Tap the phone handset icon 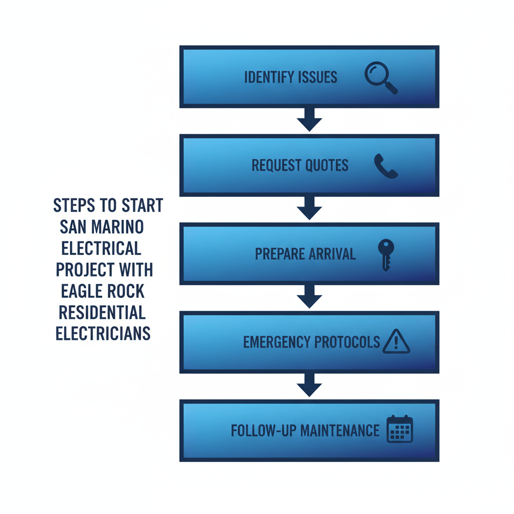[x=385, y=166]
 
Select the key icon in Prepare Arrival [x=385, y=254]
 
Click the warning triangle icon [x=396, y=342]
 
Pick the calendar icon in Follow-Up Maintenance [x=400, y=430]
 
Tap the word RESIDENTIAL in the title [x=102, y=313]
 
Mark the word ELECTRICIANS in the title [x=103, y=334]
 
